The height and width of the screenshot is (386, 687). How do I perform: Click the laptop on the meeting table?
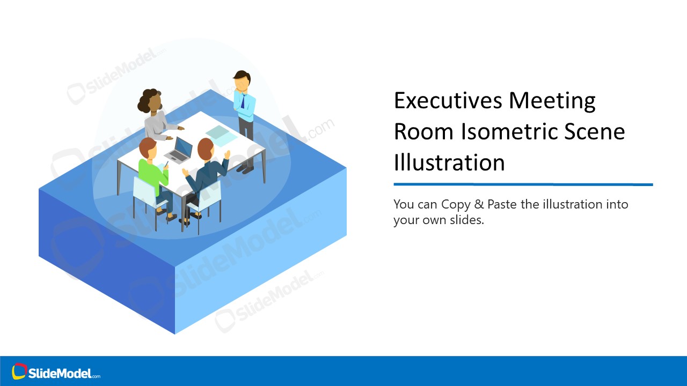[180, 150]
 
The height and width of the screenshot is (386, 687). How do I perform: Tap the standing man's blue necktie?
[243, 100]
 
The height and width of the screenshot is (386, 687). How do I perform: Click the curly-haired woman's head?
[152, 101]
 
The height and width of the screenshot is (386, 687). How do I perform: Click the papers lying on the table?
[221, 135]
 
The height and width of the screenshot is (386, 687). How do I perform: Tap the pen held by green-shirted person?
[166, 164]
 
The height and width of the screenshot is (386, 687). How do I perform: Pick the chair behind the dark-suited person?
[207, 198]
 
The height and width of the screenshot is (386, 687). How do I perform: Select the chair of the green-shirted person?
[144, 191]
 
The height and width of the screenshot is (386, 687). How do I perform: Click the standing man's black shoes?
[245, 170]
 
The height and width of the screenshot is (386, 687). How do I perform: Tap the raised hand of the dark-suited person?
[227, 154]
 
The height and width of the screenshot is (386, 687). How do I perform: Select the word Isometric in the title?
[540, 131]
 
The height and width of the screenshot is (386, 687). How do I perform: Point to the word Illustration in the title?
[449, 162]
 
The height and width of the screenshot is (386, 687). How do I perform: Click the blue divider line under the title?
[523, 184]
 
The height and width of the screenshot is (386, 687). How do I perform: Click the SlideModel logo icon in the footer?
[19, 371]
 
